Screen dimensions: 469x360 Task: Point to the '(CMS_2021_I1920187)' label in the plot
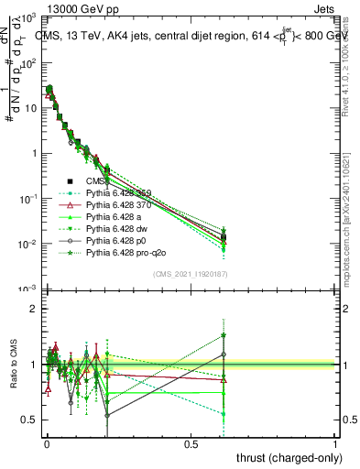coord(190,273)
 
